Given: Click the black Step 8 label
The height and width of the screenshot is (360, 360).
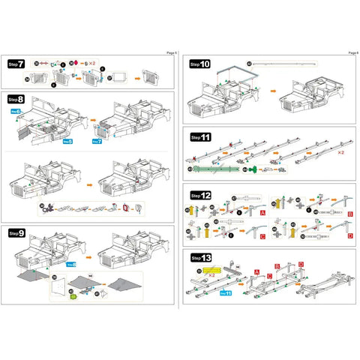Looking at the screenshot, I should point(16,98).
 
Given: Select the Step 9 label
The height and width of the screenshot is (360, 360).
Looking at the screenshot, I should point(16,233).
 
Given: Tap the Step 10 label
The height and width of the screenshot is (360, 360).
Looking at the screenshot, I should point(200,64).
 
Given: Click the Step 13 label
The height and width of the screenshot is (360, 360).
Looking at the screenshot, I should point(200,257).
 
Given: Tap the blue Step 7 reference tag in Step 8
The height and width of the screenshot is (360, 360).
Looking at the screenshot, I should point(96,141).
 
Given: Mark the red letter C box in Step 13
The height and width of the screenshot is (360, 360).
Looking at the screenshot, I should point(268,275).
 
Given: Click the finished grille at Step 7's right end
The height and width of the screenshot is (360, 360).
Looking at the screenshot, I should point(150,76).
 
